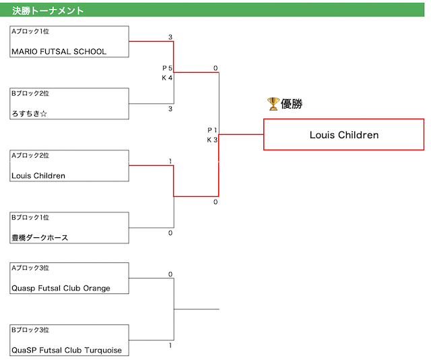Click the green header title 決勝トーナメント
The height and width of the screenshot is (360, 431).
coord(48,11)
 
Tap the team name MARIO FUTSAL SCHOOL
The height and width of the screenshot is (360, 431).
coord(59,52)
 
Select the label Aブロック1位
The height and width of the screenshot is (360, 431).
coord(30,32)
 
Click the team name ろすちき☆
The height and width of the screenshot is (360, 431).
coord(30,113)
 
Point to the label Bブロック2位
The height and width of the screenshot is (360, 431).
coord(30,93)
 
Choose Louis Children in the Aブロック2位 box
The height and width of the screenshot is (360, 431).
coord(38,175)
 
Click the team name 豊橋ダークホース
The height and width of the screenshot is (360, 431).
coord(40,237)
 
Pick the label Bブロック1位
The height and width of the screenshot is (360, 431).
coord(30,218)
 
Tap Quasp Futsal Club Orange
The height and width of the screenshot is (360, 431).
coord(61,288)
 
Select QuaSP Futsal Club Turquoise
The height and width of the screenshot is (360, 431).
coord(67,350)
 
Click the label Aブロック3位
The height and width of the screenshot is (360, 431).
coord(30,268)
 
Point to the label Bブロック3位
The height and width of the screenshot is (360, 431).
coord(30,330)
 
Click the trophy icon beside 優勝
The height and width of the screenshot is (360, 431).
coord(273,104)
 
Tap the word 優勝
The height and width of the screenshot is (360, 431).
coord(292,104)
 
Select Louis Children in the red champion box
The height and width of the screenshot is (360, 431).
coord(344,135)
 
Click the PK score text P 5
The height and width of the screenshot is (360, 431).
coord(167,68)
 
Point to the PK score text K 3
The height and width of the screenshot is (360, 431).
coord(212,140)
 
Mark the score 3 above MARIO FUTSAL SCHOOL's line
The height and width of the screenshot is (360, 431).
coord(170,37)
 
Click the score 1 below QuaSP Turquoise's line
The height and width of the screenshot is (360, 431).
coord(170,345)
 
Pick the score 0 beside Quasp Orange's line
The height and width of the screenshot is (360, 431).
coord(170,274)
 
